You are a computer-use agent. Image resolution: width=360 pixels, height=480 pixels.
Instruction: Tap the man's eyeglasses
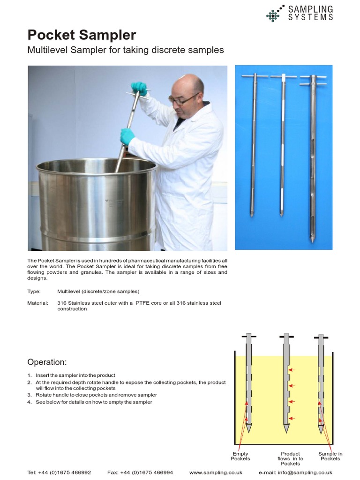(x=183, y=99)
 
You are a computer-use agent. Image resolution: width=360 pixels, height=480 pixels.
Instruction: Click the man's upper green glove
(x=139, y=88)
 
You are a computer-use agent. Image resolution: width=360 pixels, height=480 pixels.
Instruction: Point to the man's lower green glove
(x=127, y=136)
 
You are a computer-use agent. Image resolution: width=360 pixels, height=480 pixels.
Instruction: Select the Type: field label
(x=34, y=292)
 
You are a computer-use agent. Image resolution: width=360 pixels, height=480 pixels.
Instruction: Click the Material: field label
(x=37, y=303)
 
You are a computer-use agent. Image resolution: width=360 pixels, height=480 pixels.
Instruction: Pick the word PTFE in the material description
(x=142, y=303)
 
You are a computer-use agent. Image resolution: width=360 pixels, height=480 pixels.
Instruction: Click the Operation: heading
(x=47, y=362)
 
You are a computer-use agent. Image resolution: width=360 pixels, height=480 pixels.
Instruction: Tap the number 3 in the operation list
(x=30, y=395)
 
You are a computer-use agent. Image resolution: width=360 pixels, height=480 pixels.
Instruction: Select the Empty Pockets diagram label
(x=240, y=456)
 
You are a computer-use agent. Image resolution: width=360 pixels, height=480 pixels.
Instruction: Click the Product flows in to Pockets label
(x=290, y=458)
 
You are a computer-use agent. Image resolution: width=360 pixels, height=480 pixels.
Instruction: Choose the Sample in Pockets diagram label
(x=330, y=456)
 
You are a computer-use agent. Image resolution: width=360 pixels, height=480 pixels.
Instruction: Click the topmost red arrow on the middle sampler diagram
(x=292, y=370)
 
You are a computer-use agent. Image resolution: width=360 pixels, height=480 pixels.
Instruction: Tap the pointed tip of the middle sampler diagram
(x=286, y=432)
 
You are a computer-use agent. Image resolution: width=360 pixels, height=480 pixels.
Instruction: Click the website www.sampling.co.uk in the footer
(x=216, y=472)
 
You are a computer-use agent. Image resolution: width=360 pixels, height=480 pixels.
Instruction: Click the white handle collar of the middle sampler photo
(x=283, y=76)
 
